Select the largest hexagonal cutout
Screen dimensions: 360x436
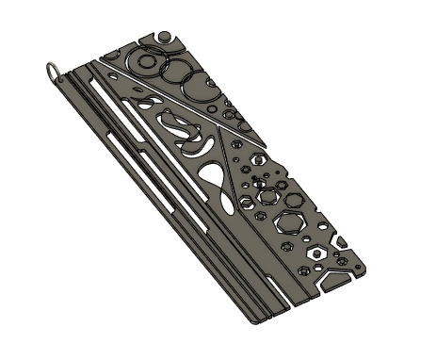[290, 222]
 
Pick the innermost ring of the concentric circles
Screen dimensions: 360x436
[148, 62]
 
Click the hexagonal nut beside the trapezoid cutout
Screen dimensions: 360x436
[315, 254]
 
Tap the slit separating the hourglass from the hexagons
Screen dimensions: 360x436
[235, 151]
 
